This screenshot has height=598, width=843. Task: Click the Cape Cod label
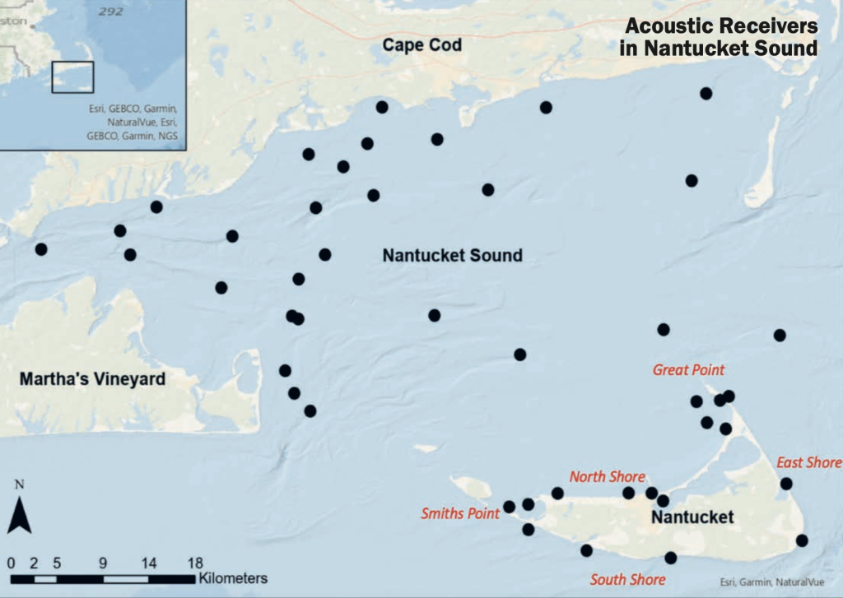point(421,45)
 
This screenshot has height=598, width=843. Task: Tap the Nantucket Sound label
point(452,256)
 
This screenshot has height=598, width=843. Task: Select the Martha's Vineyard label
point(92,379)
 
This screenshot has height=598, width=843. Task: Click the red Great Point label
point(688,370)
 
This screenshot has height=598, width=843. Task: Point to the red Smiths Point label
point(460,514)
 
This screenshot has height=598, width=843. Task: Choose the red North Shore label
point(608,477)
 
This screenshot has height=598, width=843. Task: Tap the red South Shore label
point(627,580)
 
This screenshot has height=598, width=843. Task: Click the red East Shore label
point(808,463)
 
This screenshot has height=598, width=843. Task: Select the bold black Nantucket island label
point(692,517)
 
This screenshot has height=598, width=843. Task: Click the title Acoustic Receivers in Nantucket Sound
point(719,37)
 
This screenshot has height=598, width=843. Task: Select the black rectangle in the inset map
point(73,76)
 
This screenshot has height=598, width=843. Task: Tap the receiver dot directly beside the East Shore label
point(786,484)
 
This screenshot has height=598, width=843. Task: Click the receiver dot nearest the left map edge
point(41,248)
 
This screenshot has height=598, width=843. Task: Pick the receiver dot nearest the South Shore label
point(670,558)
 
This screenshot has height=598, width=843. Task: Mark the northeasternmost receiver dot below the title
point(706,94)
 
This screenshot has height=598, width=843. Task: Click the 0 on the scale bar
point(11,564)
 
